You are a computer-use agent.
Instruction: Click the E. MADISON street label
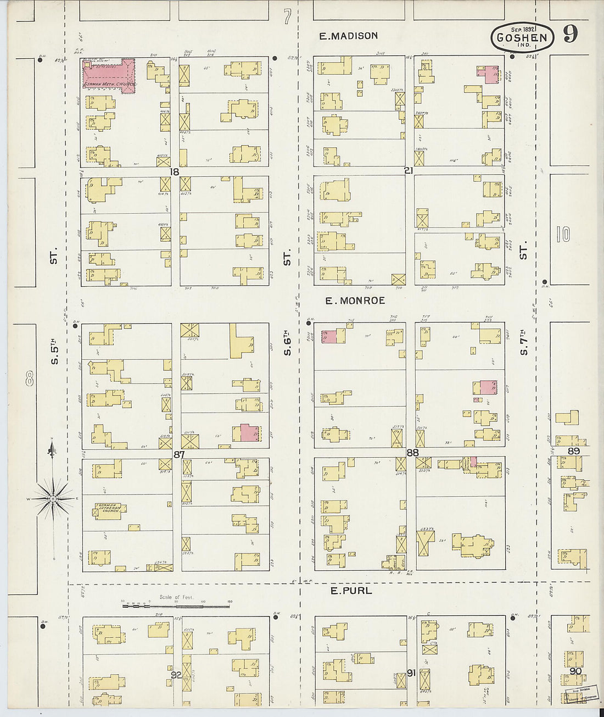[x=349, y=36]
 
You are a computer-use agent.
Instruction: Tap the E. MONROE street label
[x=355, y=301]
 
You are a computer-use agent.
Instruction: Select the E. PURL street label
[x=351, y=591]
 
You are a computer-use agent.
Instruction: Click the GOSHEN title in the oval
[x=522, y=38]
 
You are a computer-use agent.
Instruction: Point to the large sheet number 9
[x=570, y=34]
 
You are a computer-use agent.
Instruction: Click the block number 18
[x=175, y=172]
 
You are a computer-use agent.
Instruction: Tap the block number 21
[x=408, y=171]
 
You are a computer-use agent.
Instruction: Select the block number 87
[x=178, y=454]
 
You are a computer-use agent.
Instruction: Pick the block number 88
[x=413, y=453]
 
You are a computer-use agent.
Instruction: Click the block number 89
[x=574, y=451]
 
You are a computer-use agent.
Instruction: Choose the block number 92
[x=176, y=675]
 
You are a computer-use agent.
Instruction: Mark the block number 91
[x=410, y=672]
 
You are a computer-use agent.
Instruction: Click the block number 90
[x=575, y=671]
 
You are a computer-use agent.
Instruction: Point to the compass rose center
[x=52, y=498]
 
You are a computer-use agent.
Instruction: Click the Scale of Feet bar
[x=176, y=606]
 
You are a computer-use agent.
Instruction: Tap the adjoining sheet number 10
[x=563, y=235]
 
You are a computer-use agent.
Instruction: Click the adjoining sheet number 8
[x=29, y=379]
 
